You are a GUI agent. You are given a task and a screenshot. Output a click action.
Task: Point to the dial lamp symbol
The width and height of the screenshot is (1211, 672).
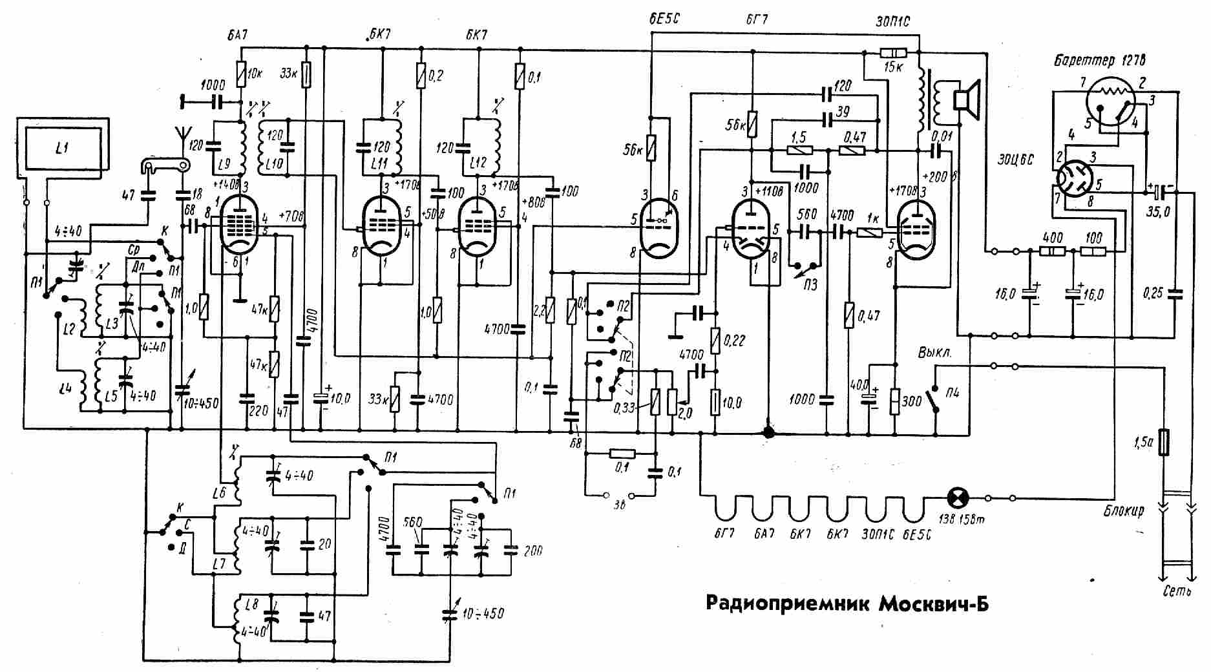pos(956,498)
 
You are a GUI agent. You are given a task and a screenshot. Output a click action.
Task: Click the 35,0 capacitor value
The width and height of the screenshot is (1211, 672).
pos(1160,211)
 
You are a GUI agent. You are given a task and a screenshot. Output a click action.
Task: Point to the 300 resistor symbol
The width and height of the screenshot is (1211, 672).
pos(896,401)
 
